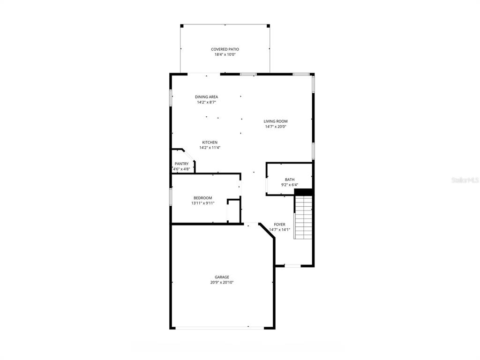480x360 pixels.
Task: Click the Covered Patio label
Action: (225, 49)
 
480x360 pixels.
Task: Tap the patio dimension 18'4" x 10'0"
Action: (225, 54)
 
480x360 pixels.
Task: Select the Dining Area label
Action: (207, 97)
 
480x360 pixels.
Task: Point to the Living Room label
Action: (276, 121)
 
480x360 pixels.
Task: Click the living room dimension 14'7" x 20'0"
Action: (276, 127)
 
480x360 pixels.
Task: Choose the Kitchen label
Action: (210, 142)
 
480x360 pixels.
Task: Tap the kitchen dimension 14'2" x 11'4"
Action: (210, 148)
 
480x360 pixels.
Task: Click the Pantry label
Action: (181, 164)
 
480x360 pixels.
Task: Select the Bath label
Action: (290, 180)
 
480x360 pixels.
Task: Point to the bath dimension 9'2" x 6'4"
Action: (290, 185)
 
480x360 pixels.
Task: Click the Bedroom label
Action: (202, 198)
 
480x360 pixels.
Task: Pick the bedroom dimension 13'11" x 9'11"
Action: (202, 203)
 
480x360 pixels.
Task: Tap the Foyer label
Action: (279, 225)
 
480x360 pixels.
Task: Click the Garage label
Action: (222, 277)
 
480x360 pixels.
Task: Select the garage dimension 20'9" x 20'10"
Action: (222, 283)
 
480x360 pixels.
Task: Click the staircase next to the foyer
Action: (303, 217)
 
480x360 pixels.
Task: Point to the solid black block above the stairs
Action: (303, 192)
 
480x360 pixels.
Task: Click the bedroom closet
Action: (233, 211)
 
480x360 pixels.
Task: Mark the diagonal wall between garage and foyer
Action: (267, 231)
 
